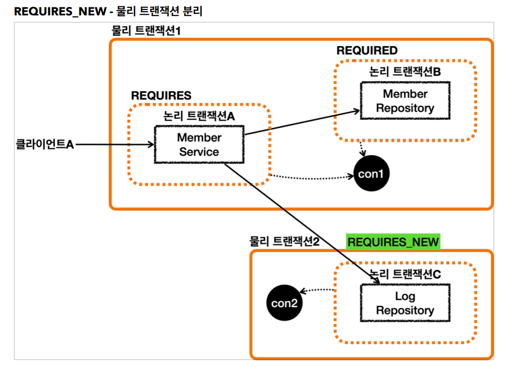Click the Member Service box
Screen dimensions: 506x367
[x=199, y=144]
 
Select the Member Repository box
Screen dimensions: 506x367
[x=405, y=101]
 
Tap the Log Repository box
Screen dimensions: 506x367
[x=405, y=303]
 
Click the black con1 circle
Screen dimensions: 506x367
[x=371, y=173]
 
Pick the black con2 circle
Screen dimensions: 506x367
[x=284, y=303]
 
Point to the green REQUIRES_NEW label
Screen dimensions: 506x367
[x=393, y=242]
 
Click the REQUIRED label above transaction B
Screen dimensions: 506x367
[x=367, y=50]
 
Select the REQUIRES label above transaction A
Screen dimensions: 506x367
[x=161, y=95]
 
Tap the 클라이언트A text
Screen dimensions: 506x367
[x=45, y=144]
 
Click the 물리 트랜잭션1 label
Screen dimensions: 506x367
[x=146, y=31]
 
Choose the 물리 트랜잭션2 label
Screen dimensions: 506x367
[x=284, y=241]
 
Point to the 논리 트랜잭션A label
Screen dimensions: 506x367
[x=199, y=116]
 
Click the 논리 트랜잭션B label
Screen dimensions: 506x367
[x=405, y=72]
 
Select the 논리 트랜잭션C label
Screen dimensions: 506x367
[x=405, y=274]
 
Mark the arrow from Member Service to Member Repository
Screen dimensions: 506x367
[x=302, y=123]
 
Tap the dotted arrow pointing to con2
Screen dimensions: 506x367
[x=318, y=290]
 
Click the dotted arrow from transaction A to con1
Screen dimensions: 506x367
[x=312, y=177]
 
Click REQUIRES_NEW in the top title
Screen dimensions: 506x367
[x=60, y=11]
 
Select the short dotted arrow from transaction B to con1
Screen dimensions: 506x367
[x=362, y=148]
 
